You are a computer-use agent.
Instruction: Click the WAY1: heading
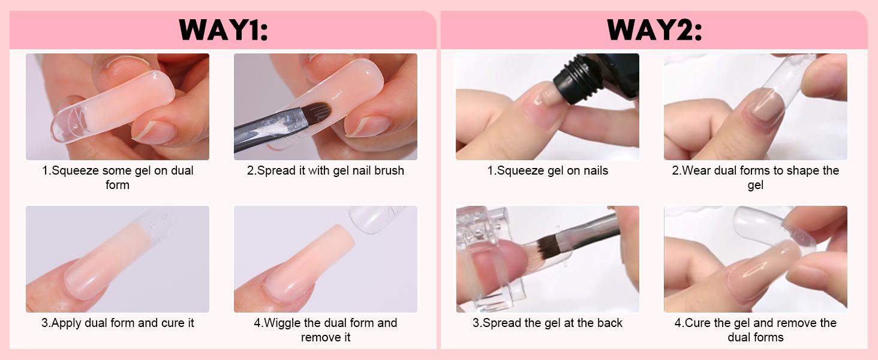coord(222,30)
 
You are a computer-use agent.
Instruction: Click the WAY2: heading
coord(654,30)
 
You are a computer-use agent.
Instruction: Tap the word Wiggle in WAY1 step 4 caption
coord(285,323)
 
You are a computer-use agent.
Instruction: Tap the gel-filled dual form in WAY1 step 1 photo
coord(114,105)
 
